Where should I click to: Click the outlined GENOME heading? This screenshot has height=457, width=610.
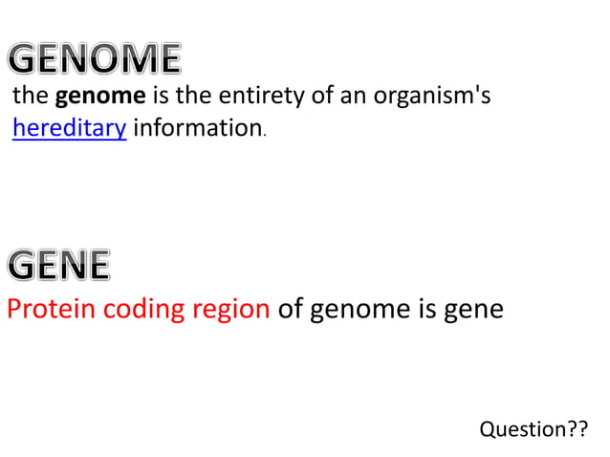point(94,60)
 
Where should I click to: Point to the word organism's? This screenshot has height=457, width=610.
point(430,98)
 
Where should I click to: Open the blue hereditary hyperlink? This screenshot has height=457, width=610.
point(69,128)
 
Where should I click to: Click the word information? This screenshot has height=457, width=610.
point(196,128)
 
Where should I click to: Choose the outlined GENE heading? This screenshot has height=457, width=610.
point(58,265)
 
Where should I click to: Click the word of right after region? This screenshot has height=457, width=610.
point(291,311)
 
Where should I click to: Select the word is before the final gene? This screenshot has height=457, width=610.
point(423,311)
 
